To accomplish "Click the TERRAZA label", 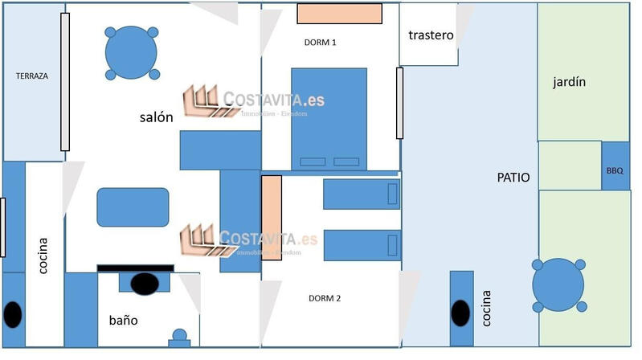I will click(32, 76).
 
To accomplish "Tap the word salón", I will click(156, 117).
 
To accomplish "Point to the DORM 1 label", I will click(321, 42).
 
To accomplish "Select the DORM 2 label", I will click(325, 298).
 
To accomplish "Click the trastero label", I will click(431, 35).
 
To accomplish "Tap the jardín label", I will click(569, 81).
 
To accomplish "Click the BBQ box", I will click(615, 170).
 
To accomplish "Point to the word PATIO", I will click(513, 178).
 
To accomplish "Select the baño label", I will click(123, 320).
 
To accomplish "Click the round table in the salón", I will click(132, 53).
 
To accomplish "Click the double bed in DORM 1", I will click(329, 118).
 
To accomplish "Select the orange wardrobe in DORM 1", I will click(338, 14).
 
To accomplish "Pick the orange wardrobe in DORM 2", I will click(272, 215).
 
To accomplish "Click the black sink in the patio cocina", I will click(460, 313).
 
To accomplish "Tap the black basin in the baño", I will click(145, 283).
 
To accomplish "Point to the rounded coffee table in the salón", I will click(133, 207).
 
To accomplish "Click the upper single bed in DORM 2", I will click(362, 194).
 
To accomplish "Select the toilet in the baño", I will click(179, 337).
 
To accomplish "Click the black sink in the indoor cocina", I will click(13, 313).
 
